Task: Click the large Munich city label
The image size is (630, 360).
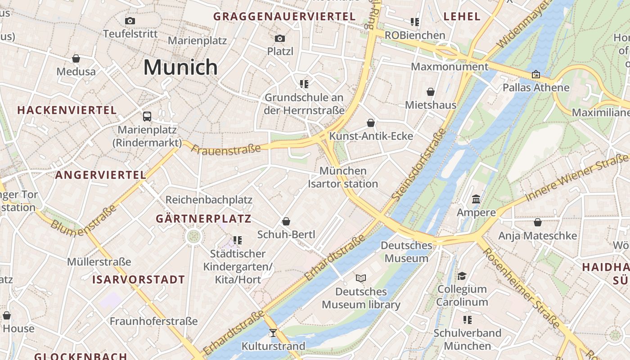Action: (x=180, y=67)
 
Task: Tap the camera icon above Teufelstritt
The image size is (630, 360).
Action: (x=130, y=21)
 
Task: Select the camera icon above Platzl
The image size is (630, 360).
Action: (x=280, y=38)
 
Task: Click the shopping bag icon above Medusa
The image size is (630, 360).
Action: (x=76, y=58)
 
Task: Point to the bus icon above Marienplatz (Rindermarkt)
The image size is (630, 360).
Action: (x=147, y=117)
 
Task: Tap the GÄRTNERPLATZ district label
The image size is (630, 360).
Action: (x=203, y=219)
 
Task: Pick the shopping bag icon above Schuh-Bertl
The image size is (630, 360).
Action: (x=286, y=221)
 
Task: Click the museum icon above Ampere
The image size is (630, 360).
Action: (x=476, y=199)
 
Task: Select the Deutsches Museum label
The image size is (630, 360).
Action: (x=406, y=252)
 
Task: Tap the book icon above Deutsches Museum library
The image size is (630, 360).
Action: (x=361, y=278)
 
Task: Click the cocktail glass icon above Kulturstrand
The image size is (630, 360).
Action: (x=273, y=333)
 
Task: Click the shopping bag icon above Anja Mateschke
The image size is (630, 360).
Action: (x=537, y=222)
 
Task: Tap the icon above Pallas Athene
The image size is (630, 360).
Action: (x=536, y=74)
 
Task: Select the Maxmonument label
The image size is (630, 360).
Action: (x=450, y=67)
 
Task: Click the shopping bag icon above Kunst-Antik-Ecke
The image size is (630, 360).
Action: (x=371, y=123)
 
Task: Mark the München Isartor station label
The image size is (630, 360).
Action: (x=343, y=177)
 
